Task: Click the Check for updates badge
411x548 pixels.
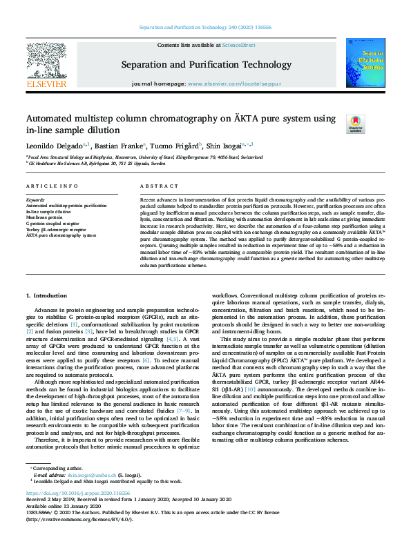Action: coord(355,124)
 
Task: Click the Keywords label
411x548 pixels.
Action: coord(36,199)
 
